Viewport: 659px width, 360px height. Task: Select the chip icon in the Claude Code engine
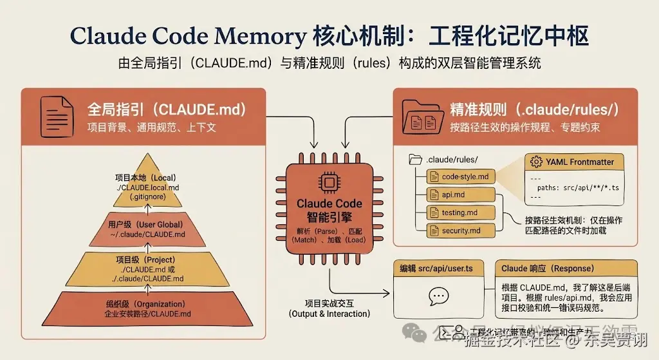pyautogui.click(x=328, y=182)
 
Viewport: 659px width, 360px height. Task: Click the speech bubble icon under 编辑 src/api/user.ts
pyautogui.click(x=438, y=296)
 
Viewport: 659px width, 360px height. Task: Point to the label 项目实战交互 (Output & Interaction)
pyautogui.click(x=329, y=308)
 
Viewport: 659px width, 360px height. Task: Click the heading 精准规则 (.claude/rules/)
pyautogui.click(x=535, y=109)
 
